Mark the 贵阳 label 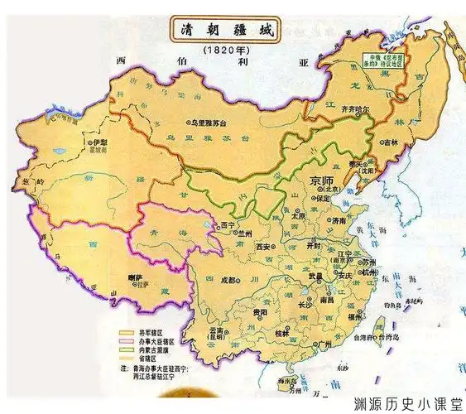tap(261, 313)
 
